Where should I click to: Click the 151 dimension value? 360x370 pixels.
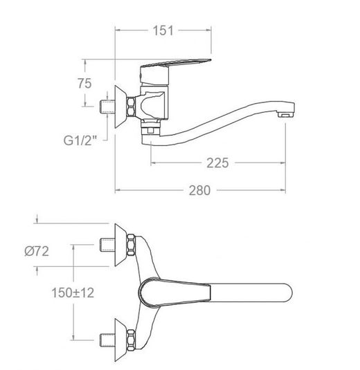tap(163, 30)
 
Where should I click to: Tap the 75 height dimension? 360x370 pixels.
tap(84, 83)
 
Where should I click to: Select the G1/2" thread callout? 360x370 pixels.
tap(80, 140)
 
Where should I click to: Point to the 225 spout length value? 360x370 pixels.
tap(217, 163)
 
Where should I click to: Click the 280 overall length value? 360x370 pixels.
tap(199, 190)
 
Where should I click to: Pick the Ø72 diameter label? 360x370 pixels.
tap(37, 251)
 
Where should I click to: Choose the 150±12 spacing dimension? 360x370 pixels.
tap(73, 293)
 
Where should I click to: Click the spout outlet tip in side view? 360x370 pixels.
tap(287, 110)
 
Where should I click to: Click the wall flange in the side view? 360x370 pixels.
tap(120, 107)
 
